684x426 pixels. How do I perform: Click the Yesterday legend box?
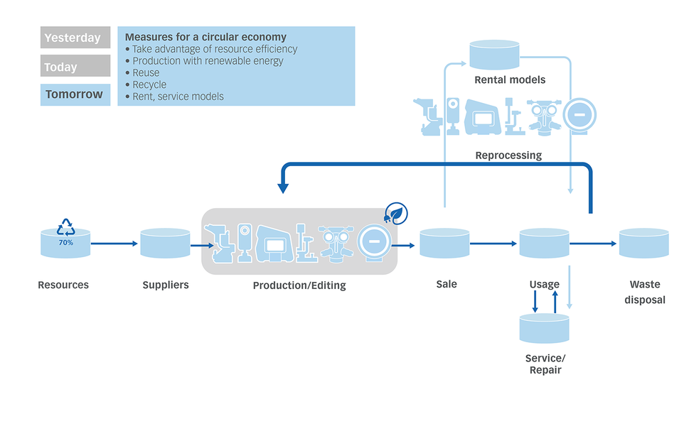click(75, 38)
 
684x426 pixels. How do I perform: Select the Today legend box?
click(75, 66)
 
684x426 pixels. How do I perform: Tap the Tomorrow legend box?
click(75, 94)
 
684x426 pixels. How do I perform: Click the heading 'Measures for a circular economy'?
click(205, 37)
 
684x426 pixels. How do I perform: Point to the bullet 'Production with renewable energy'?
click(208, 61)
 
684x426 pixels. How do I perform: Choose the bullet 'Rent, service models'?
click(178, 97)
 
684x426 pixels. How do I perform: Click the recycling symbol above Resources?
click(65, 226)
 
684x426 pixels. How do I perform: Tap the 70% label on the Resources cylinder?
click(65, 243)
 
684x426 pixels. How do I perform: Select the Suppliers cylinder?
click(165, 244)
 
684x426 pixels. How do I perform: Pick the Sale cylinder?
click(444, 244)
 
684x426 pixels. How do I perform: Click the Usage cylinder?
click(544, 244)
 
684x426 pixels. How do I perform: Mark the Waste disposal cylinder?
click(643, 244)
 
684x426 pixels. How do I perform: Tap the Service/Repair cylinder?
click(545, 328)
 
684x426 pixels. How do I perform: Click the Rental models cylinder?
click(495, 55)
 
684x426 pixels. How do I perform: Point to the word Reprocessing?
click(508, 155)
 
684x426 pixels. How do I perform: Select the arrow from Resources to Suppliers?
click(114, 244)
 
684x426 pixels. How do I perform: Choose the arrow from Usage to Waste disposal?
click(594, 244)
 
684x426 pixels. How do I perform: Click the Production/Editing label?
click(299, 285)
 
